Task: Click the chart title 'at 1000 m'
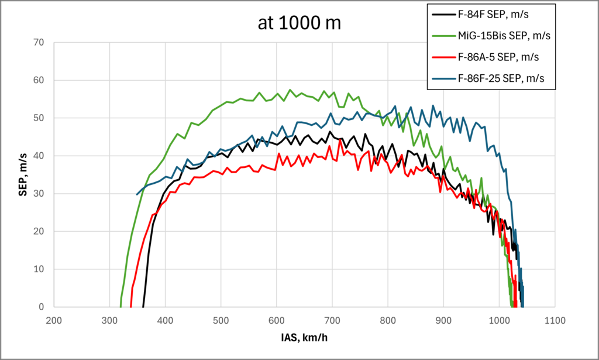pos(299,23)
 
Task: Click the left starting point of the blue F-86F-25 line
pos(137,194)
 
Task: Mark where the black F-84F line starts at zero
pos(143,306)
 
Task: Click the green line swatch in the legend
pos(442,36)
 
